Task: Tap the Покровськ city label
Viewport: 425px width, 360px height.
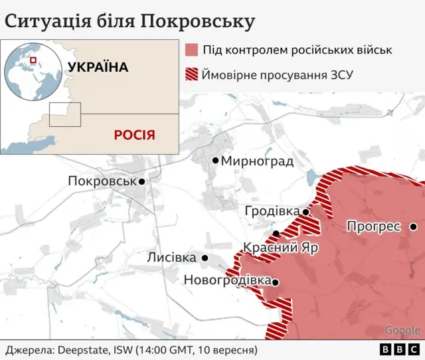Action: tap(102, 181)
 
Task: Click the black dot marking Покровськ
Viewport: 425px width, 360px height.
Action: tap(141, 181)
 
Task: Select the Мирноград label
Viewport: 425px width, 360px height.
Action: tap(257, 161)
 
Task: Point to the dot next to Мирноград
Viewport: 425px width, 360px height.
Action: tap(215, 160)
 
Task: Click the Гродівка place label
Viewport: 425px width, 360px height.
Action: tap(272, 211)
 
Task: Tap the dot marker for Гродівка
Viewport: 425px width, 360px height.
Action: tap(305, 212)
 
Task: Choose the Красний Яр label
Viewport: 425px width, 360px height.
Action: tap(280, 248)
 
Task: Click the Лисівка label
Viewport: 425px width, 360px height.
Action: tap(171, 258)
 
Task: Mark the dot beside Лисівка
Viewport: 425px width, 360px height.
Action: tap(205, 258)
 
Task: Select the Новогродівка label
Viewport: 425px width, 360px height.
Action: tap(226, 280)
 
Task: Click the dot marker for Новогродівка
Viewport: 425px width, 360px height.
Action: tap(275, 282)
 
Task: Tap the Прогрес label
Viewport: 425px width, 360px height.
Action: tap(373, 226)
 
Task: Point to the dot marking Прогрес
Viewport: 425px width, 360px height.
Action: tap(413, 226)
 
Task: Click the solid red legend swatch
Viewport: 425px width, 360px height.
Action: tap(192, 50)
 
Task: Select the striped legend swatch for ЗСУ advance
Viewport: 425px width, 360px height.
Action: tap(192, 74)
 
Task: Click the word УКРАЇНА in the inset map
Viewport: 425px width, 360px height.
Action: tap(97, 67)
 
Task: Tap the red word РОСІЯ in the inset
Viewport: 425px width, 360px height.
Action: tap(134, 135)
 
